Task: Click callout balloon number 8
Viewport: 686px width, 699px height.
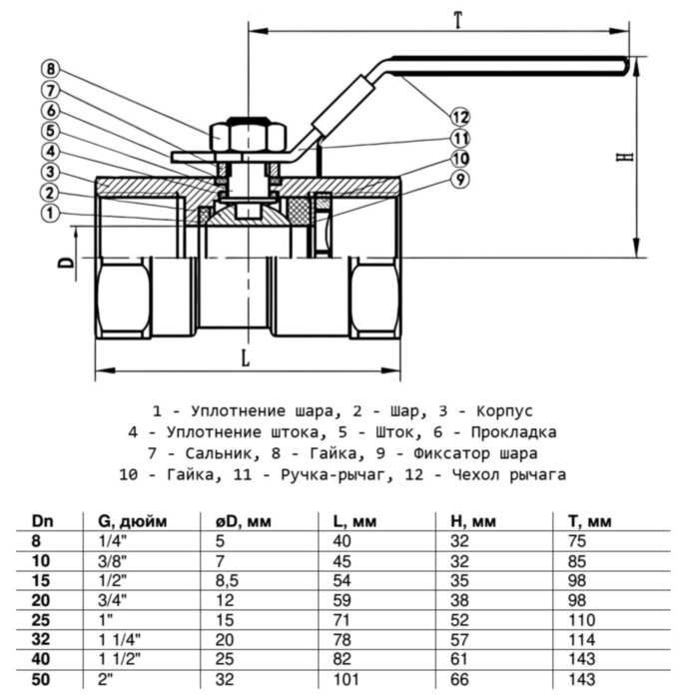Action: point(52,69)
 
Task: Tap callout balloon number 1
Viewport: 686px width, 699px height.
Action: point(52,213)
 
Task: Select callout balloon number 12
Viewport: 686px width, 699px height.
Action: point(459,114)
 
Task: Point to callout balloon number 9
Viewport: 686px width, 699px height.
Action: point(459,180)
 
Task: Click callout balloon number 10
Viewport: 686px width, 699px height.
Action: point(459,159)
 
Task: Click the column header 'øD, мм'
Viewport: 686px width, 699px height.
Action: point(245,521)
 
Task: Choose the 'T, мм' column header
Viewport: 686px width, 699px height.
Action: point(584,521)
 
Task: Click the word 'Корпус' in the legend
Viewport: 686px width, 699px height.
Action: point(507,410)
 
